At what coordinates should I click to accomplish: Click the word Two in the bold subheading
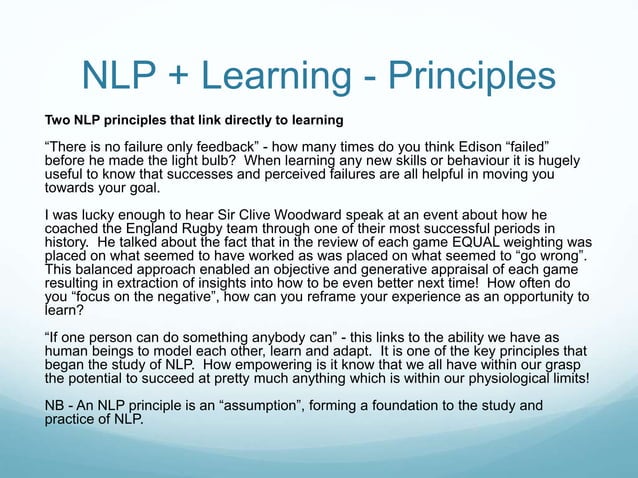[46, 122]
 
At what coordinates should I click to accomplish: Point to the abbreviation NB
[56, 406]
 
